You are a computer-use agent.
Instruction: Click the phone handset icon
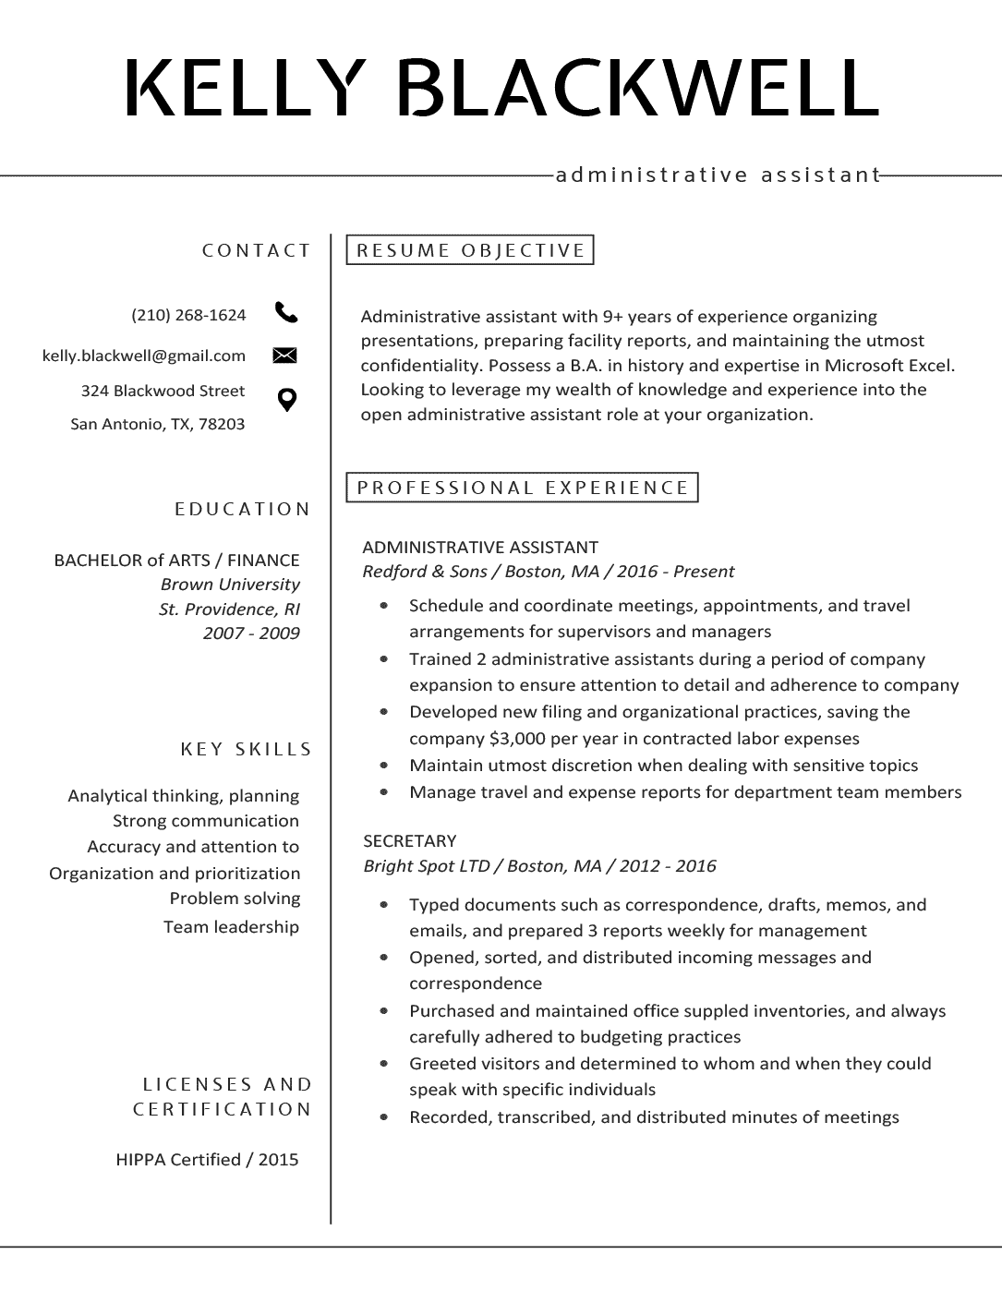pyautogui.click(x=286, y=313)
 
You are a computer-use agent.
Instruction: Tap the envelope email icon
pyautogui.click(x=284, y=356)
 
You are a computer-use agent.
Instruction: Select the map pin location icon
pyautogui.click(x=287, y=400)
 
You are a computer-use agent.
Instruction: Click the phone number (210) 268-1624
pyautogui.click(x=188, y=315)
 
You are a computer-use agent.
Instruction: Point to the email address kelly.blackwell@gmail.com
pyautogui.click(x=144, y=356)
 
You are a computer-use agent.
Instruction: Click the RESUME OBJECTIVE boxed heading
pyautogui.click(x=470, y=250)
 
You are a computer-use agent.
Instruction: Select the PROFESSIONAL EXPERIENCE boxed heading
pyautogui.click(x=523, y=488)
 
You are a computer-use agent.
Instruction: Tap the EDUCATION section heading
pyautogui.click(x=243, y=509)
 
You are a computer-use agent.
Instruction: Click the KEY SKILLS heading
pyautogui.click(x=247, y=749)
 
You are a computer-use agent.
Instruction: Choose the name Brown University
pyautogui.click(x=230, y=585)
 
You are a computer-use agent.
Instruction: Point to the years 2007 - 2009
pyautogui.click(x=251, y=633)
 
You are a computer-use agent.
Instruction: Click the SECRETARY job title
pyautogui.click(x=410, y=841)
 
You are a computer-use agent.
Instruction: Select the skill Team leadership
pyautogui.click(x=231, y=927)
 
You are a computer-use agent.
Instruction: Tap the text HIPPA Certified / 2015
pyautogui.click(x=207, y=1160)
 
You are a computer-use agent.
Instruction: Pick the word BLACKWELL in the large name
pyautogui.click(x=636, y=89)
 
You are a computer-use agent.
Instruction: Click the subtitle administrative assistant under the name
pyautogui.click(x=718, y=175)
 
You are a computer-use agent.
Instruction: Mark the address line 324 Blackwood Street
pyautogui.click(x=163, y=391)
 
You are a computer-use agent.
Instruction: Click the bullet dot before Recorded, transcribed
pyautogui.click(x=384, y=1117)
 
